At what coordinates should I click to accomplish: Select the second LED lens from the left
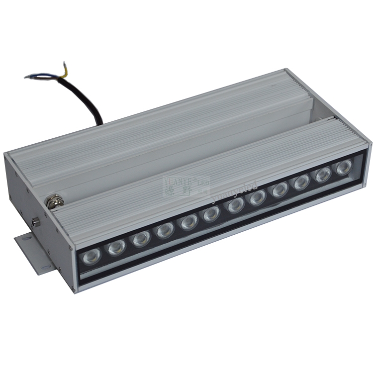[116, 247]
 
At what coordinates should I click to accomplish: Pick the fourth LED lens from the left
[164, 230]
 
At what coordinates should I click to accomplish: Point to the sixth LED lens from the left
[211, 214]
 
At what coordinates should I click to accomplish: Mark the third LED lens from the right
[301, 182]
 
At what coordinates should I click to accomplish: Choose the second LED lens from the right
[323, 175]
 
